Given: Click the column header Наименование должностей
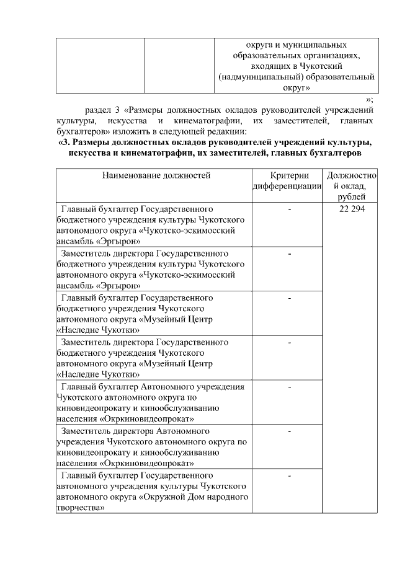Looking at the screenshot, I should (x=157, y=175).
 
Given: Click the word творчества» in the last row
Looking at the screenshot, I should (x=80, y=508).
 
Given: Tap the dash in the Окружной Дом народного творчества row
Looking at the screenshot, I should (x=290, y=475).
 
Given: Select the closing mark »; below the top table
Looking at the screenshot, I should (x=370, y=99).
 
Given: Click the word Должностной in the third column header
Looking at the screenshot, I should (x=352, y=175).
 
